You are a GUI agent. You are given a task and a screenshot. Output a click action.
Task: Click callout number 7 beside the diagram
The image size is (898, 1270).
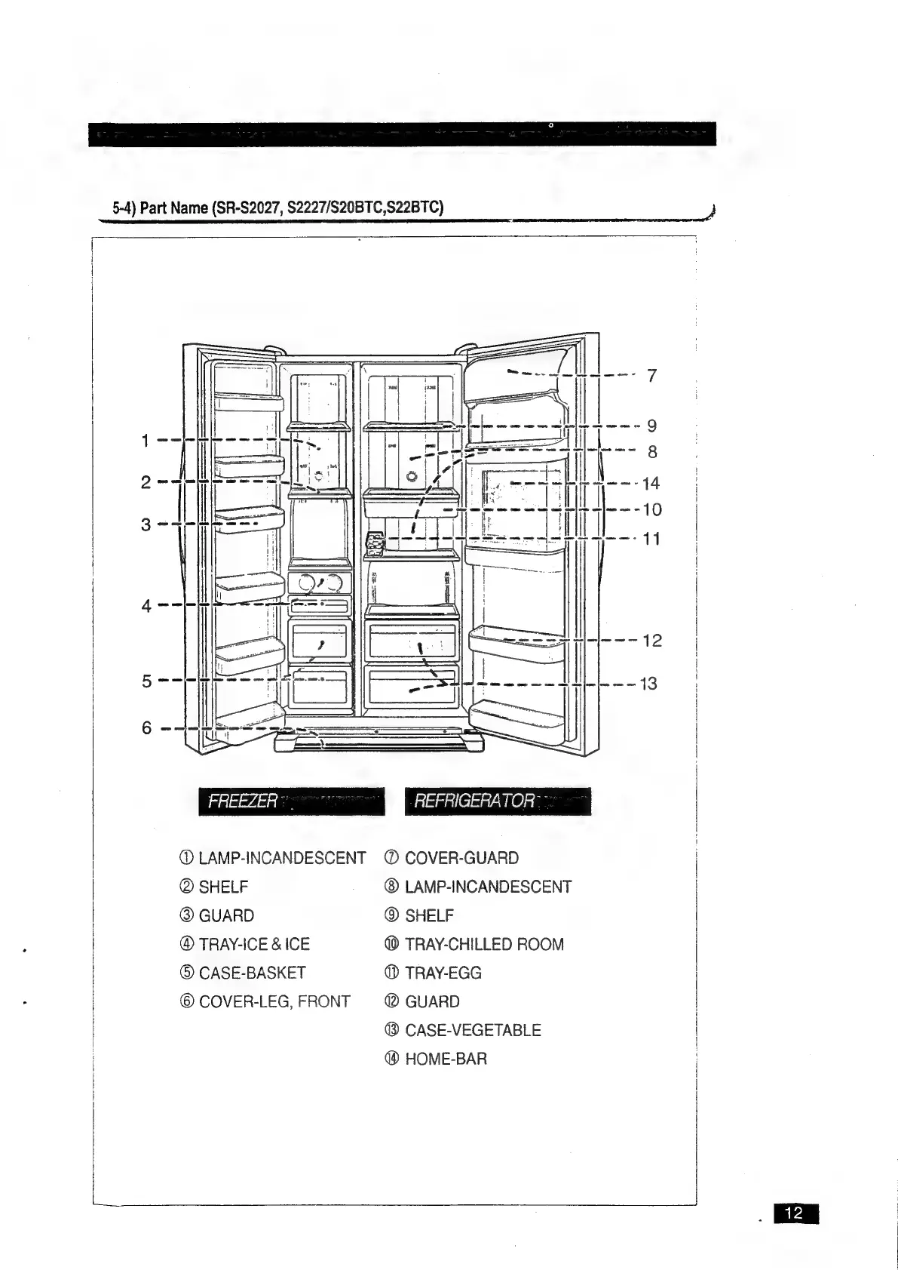click(x=652, y=375)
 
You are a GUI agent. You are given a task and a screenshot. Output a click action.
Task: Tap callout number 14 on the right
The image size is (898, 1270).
click(x=651, y=483)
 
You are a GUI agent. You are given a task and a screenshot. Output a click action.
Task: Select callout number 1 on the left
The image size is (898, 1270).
click(x=146, y=440)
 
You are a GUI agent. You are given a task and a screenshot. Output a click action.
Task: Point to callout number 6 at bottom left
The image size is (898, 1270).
click(x=146, y=728)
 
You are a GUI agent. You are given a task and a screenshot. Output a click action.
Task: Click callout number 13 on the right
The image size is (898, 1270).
click(x=648, y=684)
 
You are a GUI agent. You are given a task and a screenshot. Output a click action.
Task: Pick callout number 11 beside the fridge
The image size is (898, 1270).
click(x=651, y=539)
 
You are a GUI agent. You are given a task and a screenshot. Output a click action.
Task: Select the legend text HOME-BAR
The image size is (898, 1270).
click(x=446, y=1059)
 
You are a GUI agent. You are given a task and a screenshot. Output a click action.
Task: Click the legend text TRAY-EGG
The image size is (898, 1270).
click(x=443, y=973)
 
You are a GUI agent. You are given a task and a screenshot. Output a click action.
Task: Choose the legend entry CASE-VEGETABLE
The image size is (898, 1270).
click(x=473, y=1030)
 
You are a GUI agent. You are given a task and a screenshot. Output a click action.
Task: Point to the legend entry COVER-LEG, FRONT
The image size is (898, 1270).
click(x=274, y=1001)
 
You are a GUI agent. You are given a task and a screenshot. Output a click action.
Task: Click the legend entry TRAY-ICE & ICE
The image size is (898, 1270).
click(x=254, y=944)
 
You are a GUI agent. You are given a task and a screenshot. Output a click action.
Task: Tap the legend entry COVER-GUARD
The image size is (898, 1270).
click(x=461, y=858)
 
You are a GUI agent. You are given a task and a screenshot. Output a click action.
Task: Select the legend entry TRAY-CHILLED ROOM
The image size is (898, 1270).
click(x=484, y=944)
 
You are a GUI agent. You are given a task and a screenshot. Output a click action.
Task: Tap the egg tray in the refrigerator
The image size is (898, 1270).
click(x=375, y=543)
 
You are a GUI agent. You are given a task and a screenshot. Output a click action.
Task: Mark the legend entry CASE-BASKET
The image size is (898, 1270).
click(x=252, y=973)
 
